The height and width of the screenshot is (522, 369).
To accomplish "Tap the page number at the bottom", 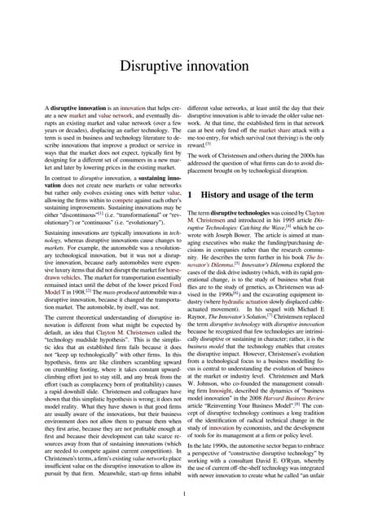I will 184,492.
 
